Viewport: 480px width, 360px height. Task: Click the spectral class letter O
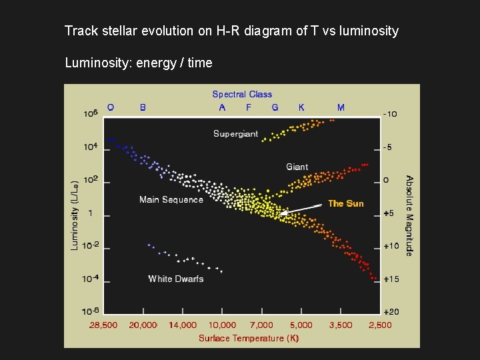[111, 107]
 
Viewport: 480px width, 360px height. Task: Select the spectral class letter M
[341, 107]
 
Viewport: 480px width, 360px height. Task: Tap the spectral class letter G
[275, 107]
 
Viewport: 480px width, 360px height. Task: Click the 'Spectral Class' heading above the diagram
[242, 95]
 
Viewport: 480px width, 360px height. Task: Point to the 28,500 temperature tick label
[103, 325]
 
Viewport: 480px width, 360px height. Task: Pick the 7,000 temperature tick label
[261, 325]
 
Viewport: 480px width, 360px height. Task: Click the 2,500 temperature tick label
[380, 325]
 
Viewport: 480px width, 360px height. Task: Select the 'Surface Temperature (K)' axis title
[249, 338]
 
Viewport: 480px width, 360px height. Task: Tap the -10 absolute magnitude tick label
[391, 114]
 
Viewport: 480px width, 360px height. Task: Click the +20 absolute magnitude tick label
[391, 312]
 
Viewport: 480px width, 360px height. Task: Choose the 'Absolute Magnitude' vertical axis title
[409, 215]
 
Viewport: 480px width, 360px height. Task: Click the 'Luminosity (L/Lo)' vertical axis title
[75, 213]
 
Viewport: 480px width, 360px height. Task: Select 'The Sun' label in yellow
[345, 203]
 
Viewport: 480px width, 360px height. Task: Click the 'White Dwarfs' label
[176, 279]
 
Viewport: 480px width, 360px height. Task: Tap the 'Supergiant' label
[235, 134]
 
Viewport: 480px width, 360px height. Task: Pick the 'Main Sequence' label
[171, 199]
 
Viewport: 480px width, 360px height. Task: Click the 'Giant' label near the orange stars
[297, 167]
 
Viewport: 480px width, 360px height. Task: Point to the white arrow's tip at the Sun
[281, 215]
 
